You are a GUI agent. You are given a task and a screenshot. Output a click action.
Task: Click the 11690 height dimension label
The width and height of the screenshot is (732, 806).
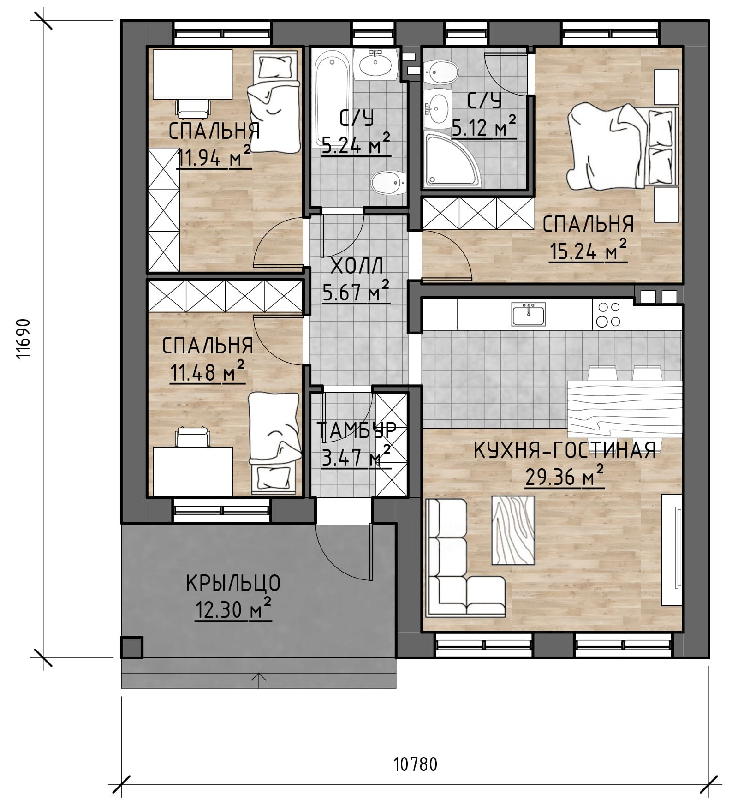click(23, 339)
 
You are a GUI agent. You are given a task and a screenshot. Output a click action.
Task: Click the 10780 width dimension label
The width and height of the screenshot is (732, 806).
click(415, 764)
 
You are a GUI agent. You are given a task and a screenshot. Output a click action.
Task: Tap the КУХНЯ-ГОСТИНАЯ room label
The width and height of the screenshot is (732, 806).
click(565, 450)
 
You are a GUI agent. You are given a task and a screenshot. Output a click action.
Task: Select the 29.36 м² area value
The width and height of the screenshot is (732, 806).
click(565, 477)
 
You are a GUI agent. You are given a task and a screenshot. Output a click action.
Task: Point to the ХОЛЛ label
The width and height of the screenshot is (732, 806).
click(357, 267)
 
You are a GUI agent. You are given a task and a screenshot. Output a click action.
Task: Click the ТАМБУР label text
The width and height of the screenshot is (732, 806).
click(357, 430)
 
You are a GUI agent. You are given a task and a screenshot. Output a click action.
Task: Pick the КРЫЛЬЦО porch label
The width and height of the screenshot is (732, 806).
click(233, 584)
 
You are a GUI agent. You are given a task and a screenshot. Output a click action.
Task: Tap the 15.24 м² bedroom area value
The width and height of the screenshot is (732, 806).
click(588, 251)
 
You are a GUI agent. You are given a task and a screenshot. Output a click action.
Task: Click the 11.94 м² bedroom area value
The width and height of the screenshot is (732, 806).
click(214, 158)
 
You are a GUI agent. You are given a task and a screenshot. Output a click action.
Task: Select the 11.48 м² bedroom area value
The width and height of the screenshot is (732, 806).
click(208, 372)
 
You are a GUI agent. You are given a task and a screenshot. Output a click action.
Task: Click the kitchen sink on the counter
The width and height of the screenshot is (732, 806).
click(528, 314)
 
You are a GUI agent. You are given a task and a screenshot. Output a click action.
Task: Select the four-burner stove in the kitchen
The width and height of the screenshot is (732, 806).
click(608, 314)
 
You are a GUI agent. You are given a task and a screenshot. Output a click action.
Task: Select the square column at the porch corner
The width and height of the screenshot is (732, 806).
click(132, 647)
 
